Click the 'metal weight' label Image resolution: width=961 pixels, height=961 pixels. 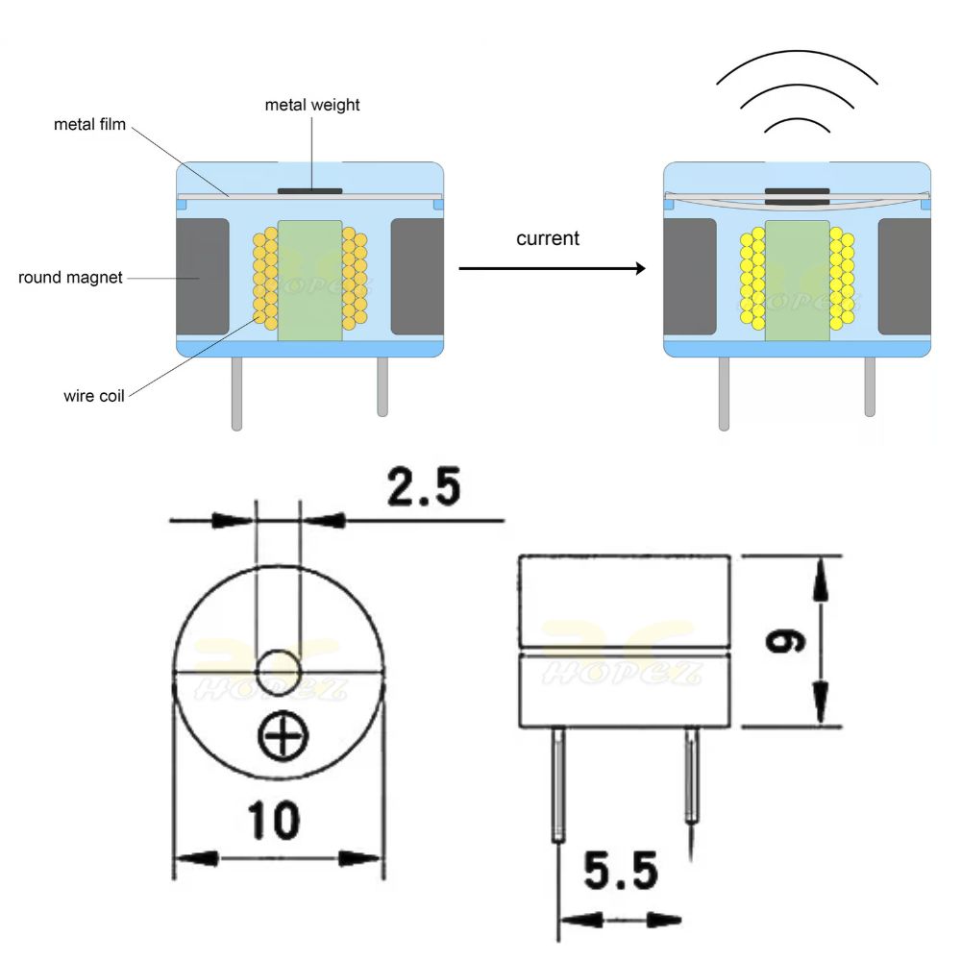pos(312,106)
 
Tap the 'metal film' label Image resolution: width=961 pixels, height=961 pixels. pos(89,124)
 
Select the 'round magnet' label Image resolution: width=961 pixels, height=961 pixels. pos(70,278)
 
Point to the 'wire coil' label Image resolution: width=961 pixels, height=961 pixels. pos(94,396)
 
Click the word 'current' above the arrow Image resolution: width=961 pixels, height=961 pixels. pos(548,238)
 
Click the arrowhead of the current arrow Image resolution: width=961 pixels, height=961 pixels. pos(640,268)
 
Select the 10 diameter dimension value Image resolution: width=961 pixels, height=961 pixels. pos(273,821)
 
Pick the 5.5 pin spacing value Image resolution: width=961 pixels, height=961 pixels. pos(621,871)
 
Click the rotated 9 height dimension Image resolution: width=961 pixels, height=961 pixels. pos(786,641)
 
